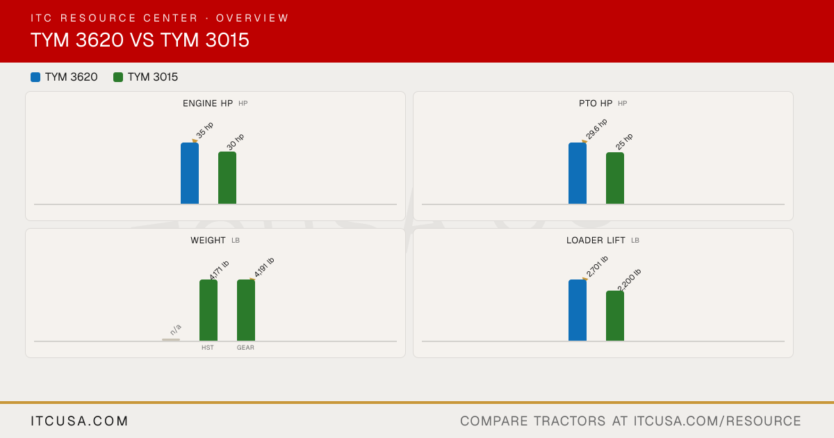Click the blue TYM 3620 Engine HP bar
click(190, 173)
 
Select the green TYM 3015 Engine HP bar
click(227, 178)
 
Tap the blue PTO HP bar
click(578, 173)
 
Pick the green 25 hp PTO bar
click(615, 178)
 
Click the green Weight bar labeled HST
click(208, 310)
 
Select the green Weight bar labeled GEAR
click(246, 310)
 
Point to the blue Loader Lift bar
click(578, 310)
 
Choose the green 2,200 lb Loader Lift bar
click(615, 316)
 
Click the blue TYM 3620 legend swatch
click(35, 77)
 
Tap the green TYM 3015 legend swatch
click(118, 77)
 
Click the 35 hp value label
click(205, 130)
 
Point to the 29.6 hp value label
click(596, 129)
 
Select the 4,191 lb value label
click(264, 267)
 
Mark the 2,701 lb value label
click(597, 266)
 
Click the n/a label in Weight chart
click(176, 330)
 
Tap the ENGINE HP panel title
click(208, 103)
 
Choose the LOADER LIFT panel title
click(596, 241)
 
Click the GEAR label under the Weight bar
click(245, 348)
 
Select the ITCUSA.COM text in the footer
click(79, 421)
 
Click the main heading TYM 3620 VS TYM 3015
click(140, 40)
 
